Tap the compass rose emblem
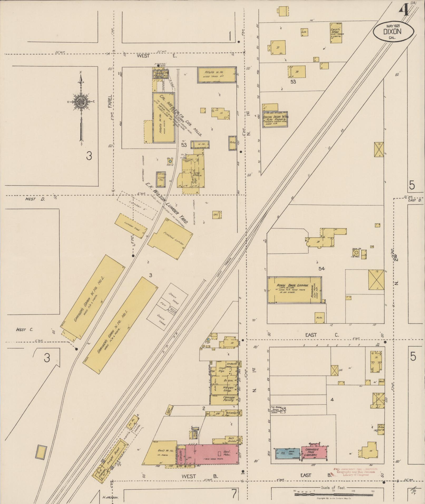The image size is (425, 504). [x=81, y=101]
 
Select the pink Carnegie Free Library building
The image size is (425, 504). [x=313, y=453]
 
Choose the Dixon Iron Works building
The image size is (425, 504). [x=275, y=119]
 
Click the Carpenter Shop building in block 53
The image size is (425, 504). [x=336, y=33]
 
